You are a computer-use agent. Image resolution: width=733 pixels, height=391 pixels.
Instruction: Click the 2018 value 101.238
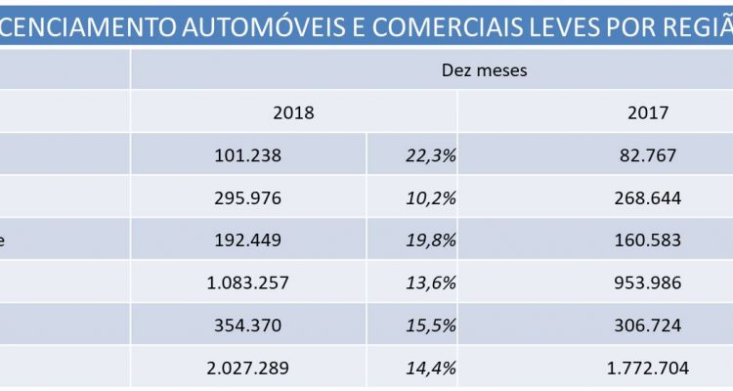click(248, 154)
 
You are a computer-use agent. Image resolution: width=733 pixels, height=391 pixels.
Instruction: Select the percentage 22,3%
click(430, 154)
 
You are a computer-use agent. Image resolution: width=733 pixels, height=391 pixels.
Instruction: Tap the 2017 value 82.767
click(649, 154)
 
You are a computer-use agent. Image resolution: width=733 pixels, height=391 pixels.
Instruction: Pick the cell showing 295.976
click(248, 197)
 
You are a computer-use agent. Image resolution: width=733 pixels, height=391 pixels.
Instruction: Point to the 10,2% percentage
click(430, 197)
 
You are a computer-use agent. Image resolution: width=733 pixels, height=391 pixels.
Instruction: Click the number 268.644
click(649, 197)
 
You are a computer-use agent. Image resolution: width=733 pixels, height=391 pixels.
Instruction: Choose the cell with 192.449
click(248, 240)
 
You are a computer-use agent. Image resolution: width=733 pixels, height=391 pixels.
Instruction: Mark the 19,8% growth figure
click(430, 240)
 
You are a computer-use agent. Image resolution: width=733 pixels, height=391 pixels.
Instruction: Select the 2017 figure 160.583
click(649, 240)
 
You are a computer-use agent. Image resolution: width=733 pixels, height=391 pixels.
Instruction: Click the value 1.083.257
click(248, 283)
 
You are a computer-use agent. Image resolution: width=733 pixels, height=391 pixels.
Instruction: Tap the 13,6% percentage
click(430, 283)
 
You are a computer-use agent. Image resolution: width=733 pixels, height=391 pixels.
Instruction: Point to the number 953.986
click(649, 283)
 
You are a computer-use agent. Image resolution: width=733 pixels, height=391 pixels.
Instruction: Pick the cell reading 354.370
click(248, 326)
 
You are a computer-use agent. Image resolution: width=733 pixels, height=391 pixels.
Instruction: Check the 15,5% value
click(430, 326)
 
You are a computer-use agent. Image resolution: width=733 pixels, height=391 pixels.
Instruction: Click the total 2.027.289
click(248, 369)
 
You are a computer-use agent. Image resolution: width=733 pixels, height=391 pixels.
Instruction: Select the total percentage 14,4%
click(430, 369)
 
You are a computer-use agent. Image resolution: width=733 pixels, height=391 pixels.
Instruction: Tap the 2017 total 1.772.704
click(649, 369)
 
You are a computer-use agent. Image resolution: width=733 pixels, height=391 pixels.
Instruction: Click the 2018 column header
click(293, 112)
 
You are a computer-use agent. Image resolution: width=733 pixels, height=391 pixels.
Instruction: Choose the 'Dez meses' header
click(485, 70)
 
